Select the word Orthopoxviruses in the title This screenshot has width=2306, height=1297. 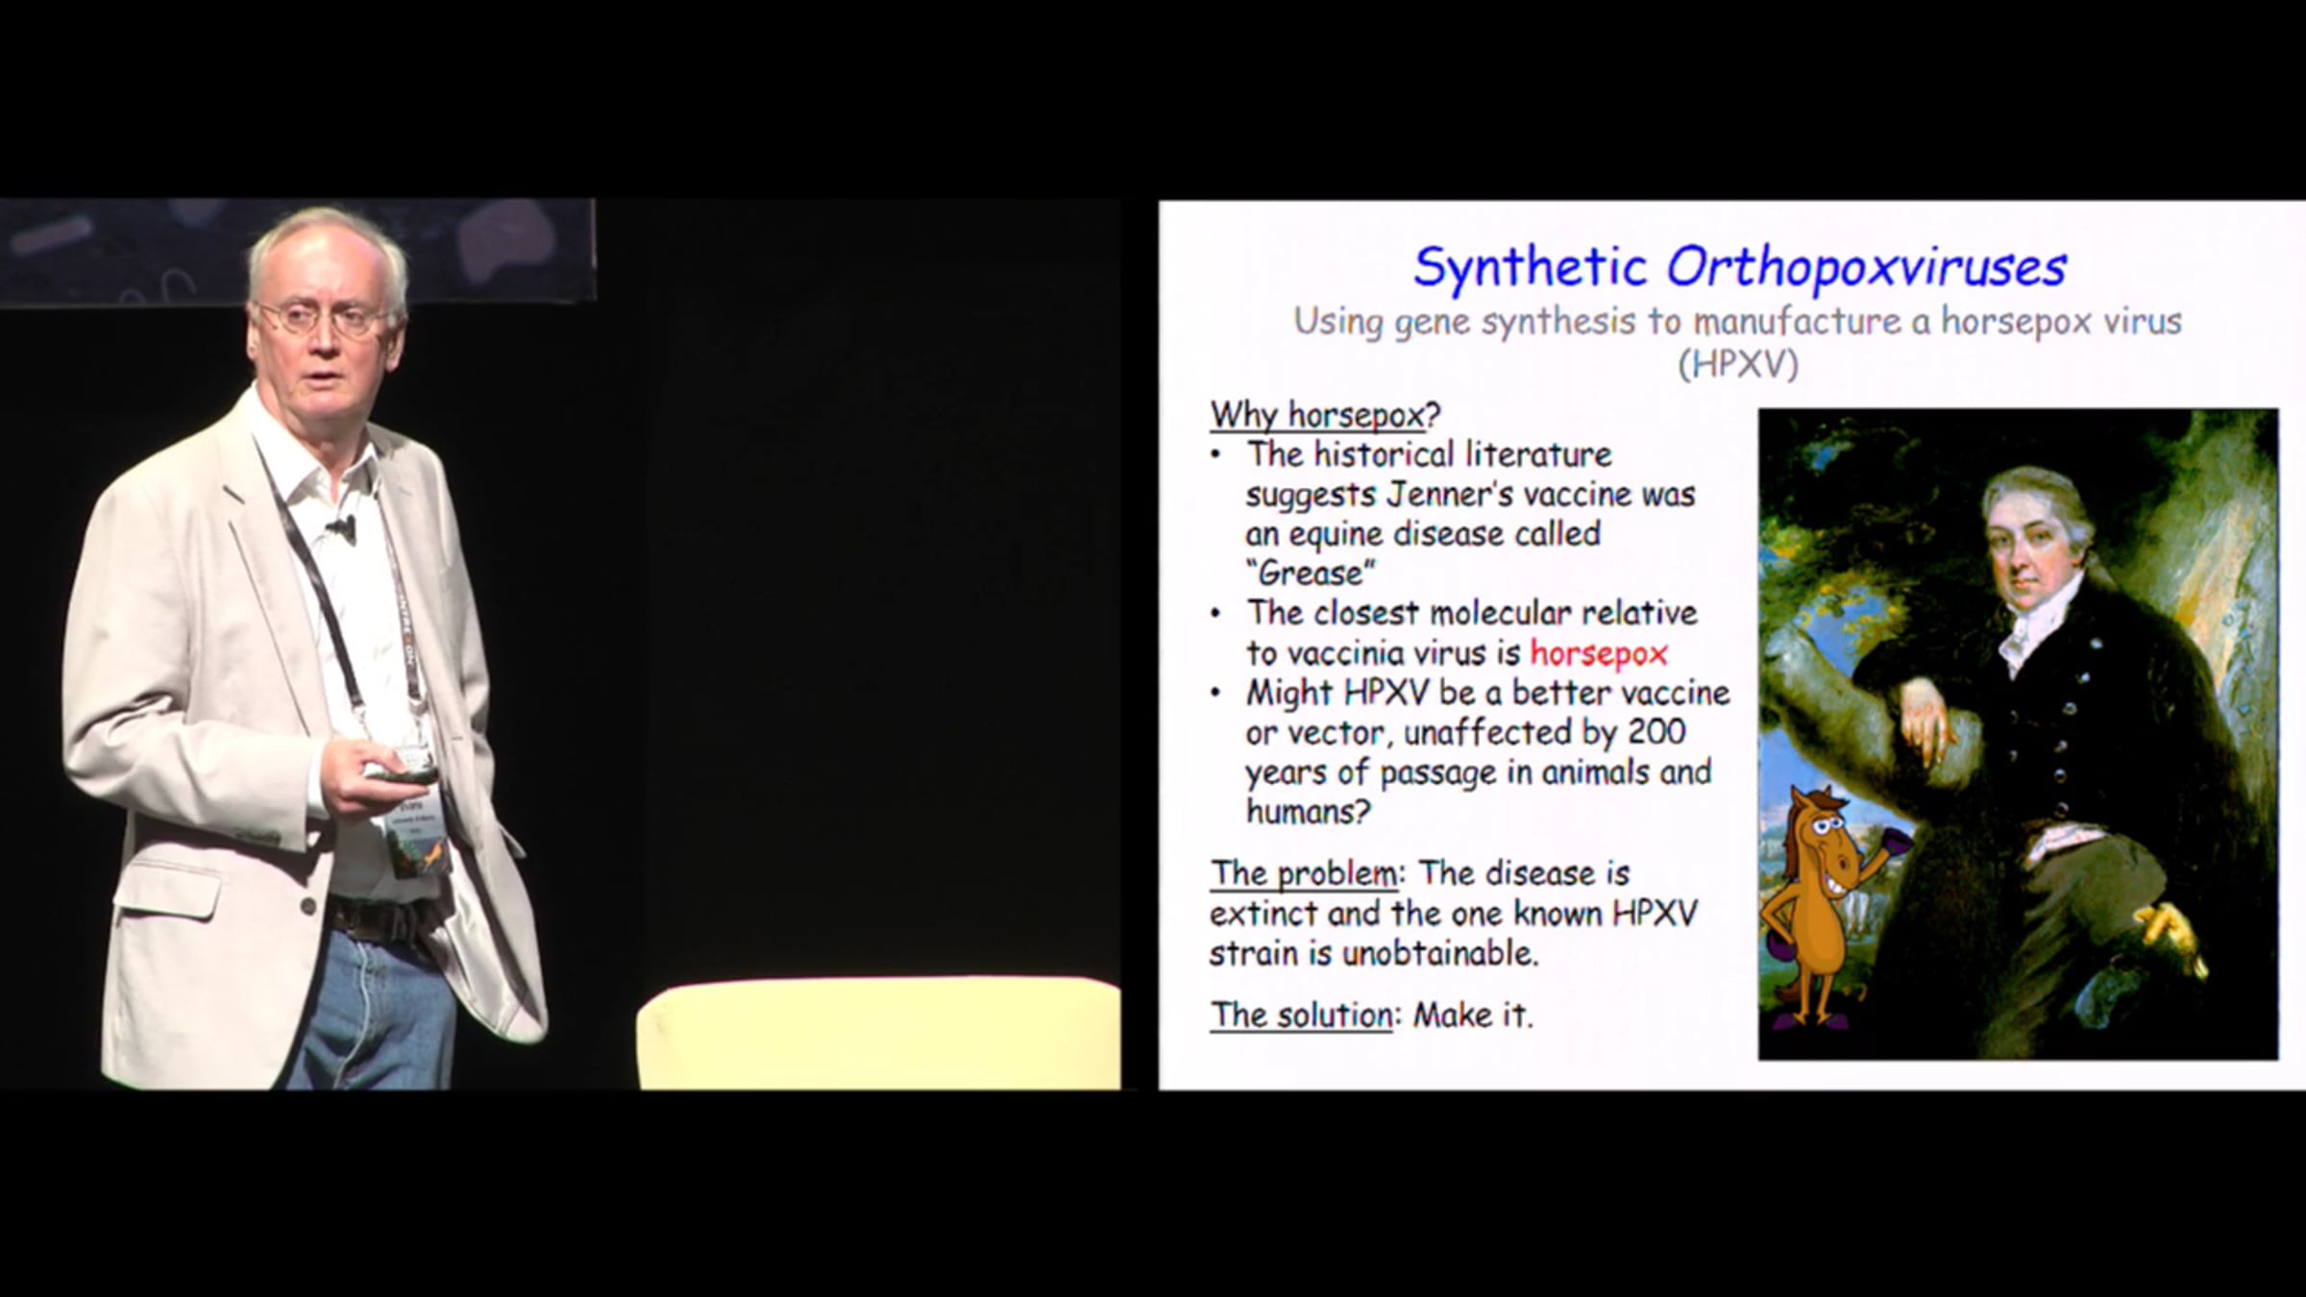pos(1866,267)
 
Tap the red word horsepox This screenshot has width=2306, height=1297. pos(1599,653)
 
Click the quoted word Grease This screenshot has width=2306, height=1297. pos(1311,574)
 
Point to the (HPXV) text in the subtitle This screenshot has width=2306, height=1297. pos(1737,365)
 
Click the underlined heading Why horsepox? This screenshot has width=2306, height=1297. pos(1325,415)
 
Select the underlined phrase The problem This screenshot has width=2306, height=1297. pos(1303,873)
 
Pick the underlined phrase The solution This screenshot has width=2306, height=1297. pos(1301,1015)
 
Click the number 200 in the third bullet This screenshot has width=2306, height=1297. pos(1656,732)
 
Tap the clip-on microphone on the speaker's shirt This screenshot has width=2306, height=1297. pos(341,526)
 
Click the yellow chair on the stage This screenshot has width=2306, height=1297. pos(878,1035)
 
